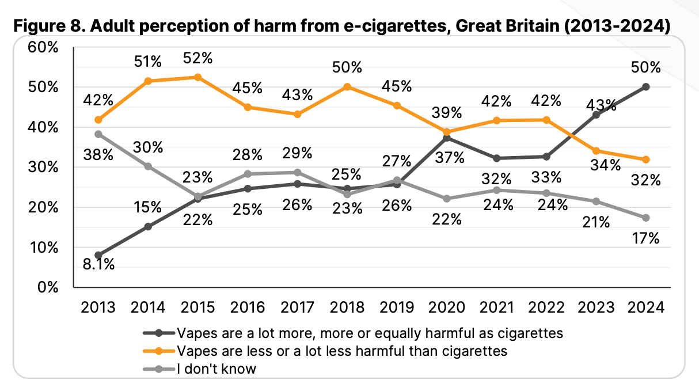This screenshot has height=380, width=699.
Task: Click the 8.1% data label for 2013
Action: click(98, 265)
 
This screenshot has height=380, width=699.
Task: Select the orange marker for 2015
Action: click(197, 77)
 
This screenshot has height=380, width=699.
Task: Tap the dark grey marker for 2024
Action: click(646, 87)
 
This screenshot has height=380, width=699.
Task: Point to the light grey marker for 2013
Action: click(98, 134)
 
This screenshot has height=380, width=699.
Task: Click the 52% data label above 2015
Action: click(197, 58)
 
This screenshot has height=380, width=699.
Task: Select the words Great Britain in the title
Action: click(507, 27)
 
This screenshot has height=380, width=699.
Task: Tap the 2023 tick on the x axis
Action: click(596, 307)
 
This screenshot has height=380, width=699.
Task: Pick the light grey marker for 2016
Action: click(248, 174)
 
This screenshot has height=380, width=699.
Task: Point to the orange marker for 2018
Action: click(347, 87)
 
